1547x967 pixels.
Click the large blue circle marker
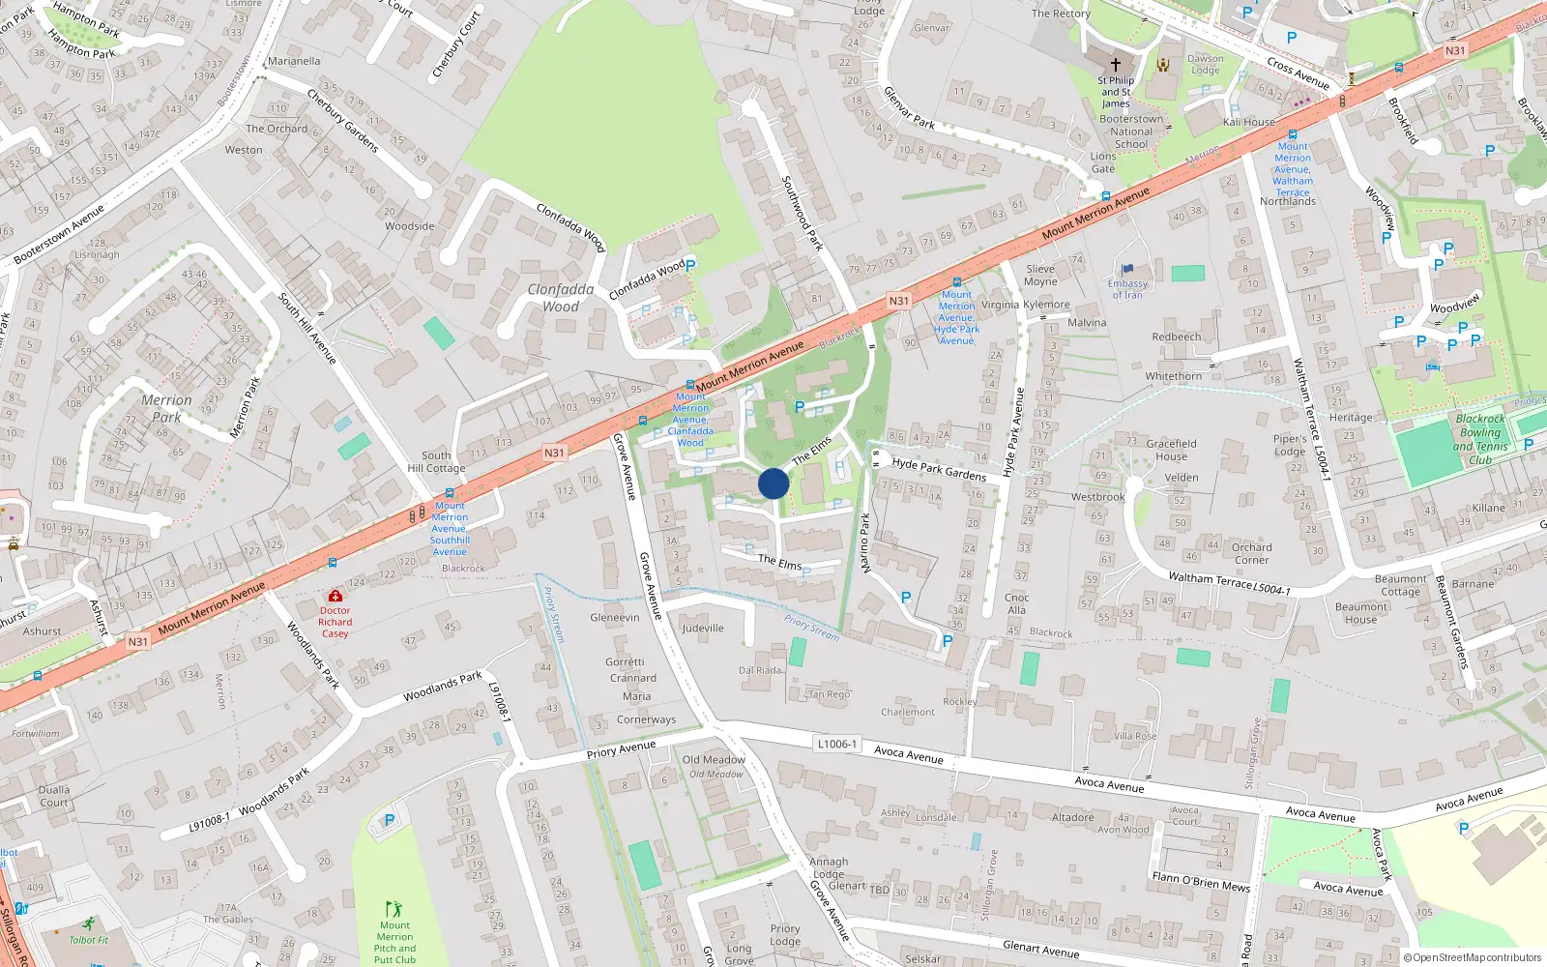(x=773, y=483)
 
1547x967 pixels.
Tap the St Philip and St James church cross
(x=1115, y=64)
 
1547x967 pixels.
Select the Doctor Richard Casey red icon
(x=335, y=596)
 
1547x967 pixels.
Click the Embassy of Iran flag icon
(x=1126, y=270)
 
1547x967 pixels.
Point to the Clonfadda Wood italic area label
(x=561, y=298)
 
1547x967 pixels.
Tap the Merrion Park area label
(x=166, y=408)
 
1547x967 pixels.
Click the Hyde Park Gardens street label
(x=939, y=469)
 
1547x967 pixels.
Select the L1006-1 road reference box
(x=836, y=744)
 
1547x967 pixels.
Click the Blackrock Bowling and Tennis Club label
(x=1480, y=439)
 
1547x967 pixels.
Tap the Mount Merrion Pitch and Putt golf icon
(x=393, y=909)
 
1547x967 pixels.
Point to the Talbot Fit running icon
(x=89, y=923)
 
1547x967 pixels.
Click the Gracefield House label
(x=1171, y=450)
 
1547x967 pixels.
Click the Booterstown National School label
(x=1131, y=132)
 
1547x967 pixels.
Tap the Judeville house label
(x=702, y=628)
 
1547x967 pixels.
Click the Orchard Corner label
(x=1251, y=553)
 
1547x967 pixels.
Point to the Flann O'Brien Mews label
(x=1201, y=881)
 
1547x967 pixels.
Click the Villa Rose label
(x=1135, y=736)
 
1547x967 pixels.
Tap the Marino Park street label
(x=865, y=543)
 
